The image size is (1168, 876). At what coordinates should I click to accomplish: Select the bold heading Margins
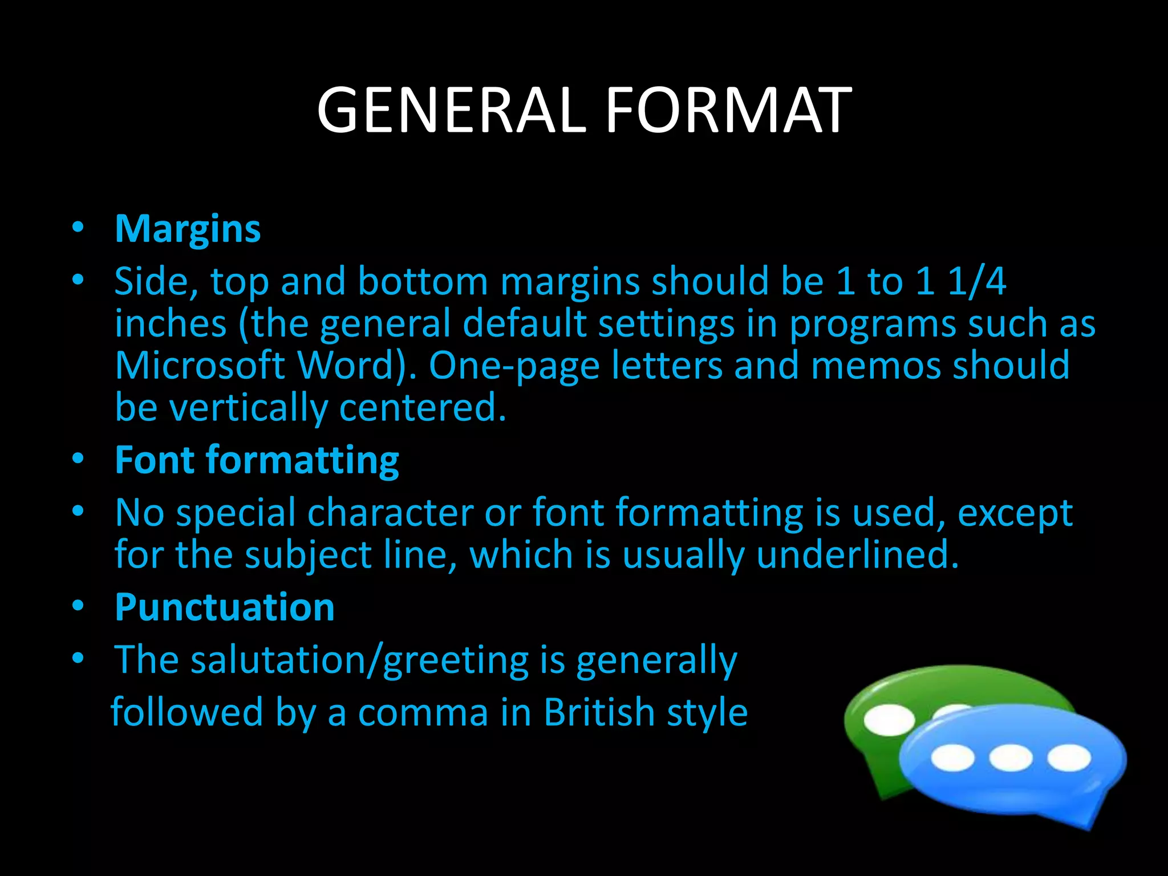point(188,229)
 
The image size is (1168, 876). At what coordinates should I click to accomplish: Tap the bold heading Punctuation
point(225,607)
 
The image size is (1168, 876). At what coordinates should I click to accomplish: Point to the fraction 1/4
point(977,281)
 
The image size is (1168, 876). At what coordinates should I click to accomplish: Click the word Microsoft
point(200,366)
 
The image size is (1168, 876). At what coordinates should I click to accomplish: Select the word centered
point(423,408)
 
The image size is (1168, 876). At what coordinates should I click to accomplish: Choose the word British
point(599,713)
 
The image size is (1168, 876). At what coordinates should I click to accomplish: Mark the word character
point(390,513)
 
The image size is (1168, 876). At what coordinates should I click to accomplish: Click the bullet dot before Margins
point(78,228)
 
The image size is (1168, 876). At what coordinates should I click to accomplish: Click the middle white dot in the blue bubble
point(1011,758)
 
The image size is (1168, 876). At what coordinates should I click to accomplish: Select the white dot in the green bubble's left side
point(889,719)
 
